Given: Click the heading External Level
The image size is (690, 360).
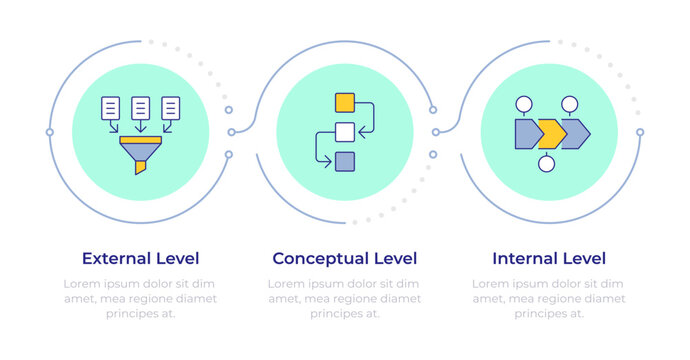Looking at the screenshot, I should click(140, 258).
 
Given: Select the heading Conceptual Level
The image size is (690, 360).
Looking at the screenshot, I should click(344, 258).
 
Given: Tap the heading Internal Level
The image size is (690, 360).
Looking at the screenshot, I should click(548, 258).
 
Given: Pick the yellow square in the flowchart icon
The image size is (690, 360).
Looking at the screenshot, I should click(345, 101).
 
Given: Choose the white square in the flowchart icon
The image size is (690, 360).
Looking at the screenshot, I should click(345, 131).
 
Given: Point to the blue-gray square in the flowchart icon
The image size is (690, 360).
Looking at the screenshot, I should click(345, 161).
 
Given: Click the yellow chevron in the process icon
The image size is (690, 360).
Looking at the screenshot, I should click(550, 133).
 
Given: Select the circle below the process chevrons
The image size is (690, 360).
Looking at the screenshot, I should click(547, 164).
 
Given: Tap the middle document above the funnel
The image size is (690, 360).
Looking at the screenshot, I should click(141, 107).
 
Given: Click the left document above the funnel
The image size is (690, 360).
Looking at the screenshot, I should click(111, 107).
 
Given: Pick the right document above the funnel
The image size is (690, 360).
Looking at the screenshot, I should click(171, 107).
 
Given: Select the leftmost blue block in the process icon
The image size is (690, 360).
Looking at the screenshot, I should click(527, 133).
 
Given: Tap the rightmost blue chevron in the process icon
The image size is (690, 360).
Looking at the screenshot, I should click(576, 133).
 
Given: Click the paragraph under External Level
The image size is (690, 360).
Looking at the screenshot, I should click(140, 298).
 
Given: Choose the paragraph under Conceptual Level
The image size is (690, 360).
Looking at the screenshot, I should click(344, 298).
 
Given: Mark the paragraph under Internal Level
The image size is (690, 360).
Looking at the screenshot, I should click(548, 298).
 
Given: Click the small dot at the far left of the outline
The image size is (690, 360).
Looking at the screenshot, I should click(49, 132).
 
